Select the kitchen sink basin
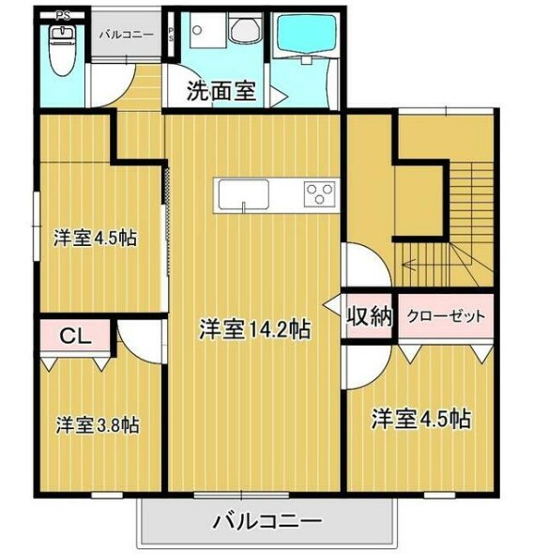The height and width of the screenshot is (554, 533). pyautogui.click(x=243, y=196)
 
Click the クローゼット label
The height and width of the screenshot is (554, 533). pyautogui.click(x=445, y=316)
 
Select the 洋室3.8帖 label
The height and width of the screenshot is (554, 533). pyautogui.click(x=98, y=424)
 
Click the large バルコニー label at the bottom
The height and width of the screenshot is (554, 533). pyautogui.click(x=266, y=519)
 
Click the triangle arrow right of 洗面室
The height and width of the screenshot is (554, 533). pyautogui.click(x=279, y=94)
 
